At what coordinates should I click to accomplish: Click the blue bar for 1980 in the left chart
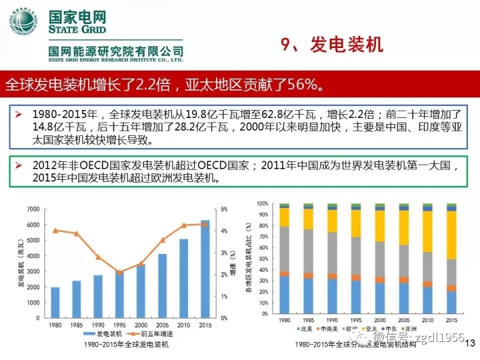tap(55, 303)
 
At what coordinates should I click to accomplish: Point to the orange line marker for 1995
tap(119, 272)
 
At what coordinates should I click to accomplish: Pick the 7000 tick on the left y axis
tap(33, 209)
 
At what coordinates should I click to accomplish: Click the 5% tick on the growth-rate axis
tap(224, 209)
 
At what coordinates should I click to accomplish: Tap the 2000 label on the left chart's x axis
tap(141, 325)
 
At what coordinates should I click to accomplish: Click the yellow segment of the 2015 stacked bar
tap(453, 235)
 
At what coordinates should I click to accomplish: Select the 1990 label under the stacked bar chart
tap(332, 320)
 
